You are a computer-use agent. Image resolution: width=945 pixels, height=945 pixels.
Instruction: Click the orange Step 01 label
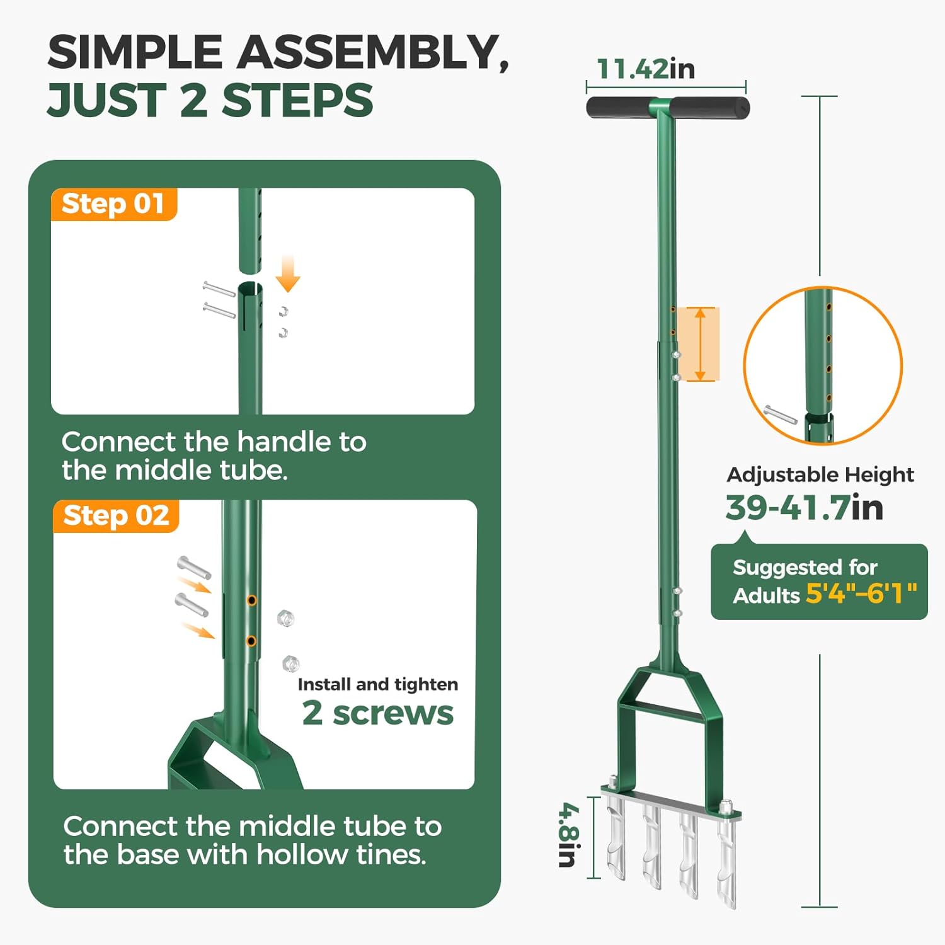[x=113, y=204]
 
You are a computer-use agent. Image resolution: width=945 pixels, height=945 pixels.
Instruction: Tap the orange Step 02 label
[x=116, y=515]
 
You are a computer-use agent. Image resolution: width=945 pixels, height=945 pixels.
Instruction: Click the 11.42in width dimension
[x=645, y=69]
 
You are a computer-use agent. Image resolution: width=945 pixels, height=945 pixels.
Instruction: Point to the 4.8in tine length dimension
[x=568, y=835]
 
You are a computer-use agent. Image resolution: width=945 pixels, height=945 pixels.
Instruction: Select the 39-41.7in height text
[x=804, y=507]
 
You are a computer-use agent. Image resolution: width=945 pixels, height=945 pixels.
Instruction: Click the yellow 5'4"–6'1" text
[x=861, y=593]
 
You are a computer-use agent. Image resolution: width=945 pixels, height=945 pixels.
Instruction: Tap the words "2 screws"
[x=377, y=713]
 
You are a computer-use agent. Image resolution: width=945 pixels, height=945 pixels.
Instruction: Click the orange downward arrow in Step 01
[x=288, y=274]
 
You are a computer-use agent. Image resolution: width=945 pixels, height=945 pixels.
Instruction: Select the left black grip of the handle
[x=617, y=108]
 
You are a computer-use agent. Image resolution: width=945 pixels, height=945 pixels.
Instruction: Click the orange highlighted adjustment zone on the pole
[x=701, y=344]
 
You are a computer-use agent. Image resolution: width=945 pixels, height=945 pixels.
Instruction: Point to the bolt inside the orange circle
[x=780, y=415]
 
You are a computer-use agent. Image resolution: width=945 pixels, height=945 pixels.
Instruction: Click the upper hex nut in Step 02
[x=285, y=618]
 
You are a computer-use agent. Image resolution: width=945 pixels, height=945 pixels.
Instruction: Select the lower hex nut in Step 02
[x=290, y=663]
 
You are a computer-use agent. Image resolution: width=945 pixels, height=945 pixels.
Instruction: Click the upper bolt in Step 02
[x=193, y=567]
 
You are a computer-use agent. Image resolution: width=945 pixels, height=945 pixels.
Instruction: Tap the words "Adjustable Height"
[x=820, y=474]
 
